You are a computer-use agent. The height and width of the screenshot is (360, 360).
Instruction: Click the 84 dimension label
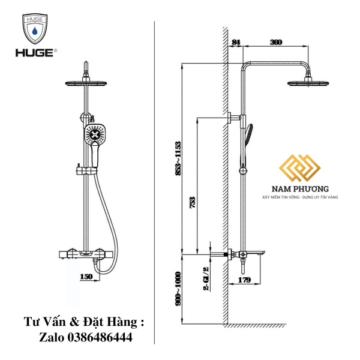pos(235,42)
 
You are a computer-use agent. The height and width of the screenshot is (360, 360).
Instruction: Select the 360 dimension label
pos(276,42)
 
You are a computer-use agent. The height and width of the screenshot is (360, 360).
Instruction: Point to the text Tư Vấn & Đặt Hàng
pos(84,322)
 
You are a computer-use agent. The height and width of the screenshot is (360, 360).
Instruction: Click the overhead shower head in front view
pos(88,83)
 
